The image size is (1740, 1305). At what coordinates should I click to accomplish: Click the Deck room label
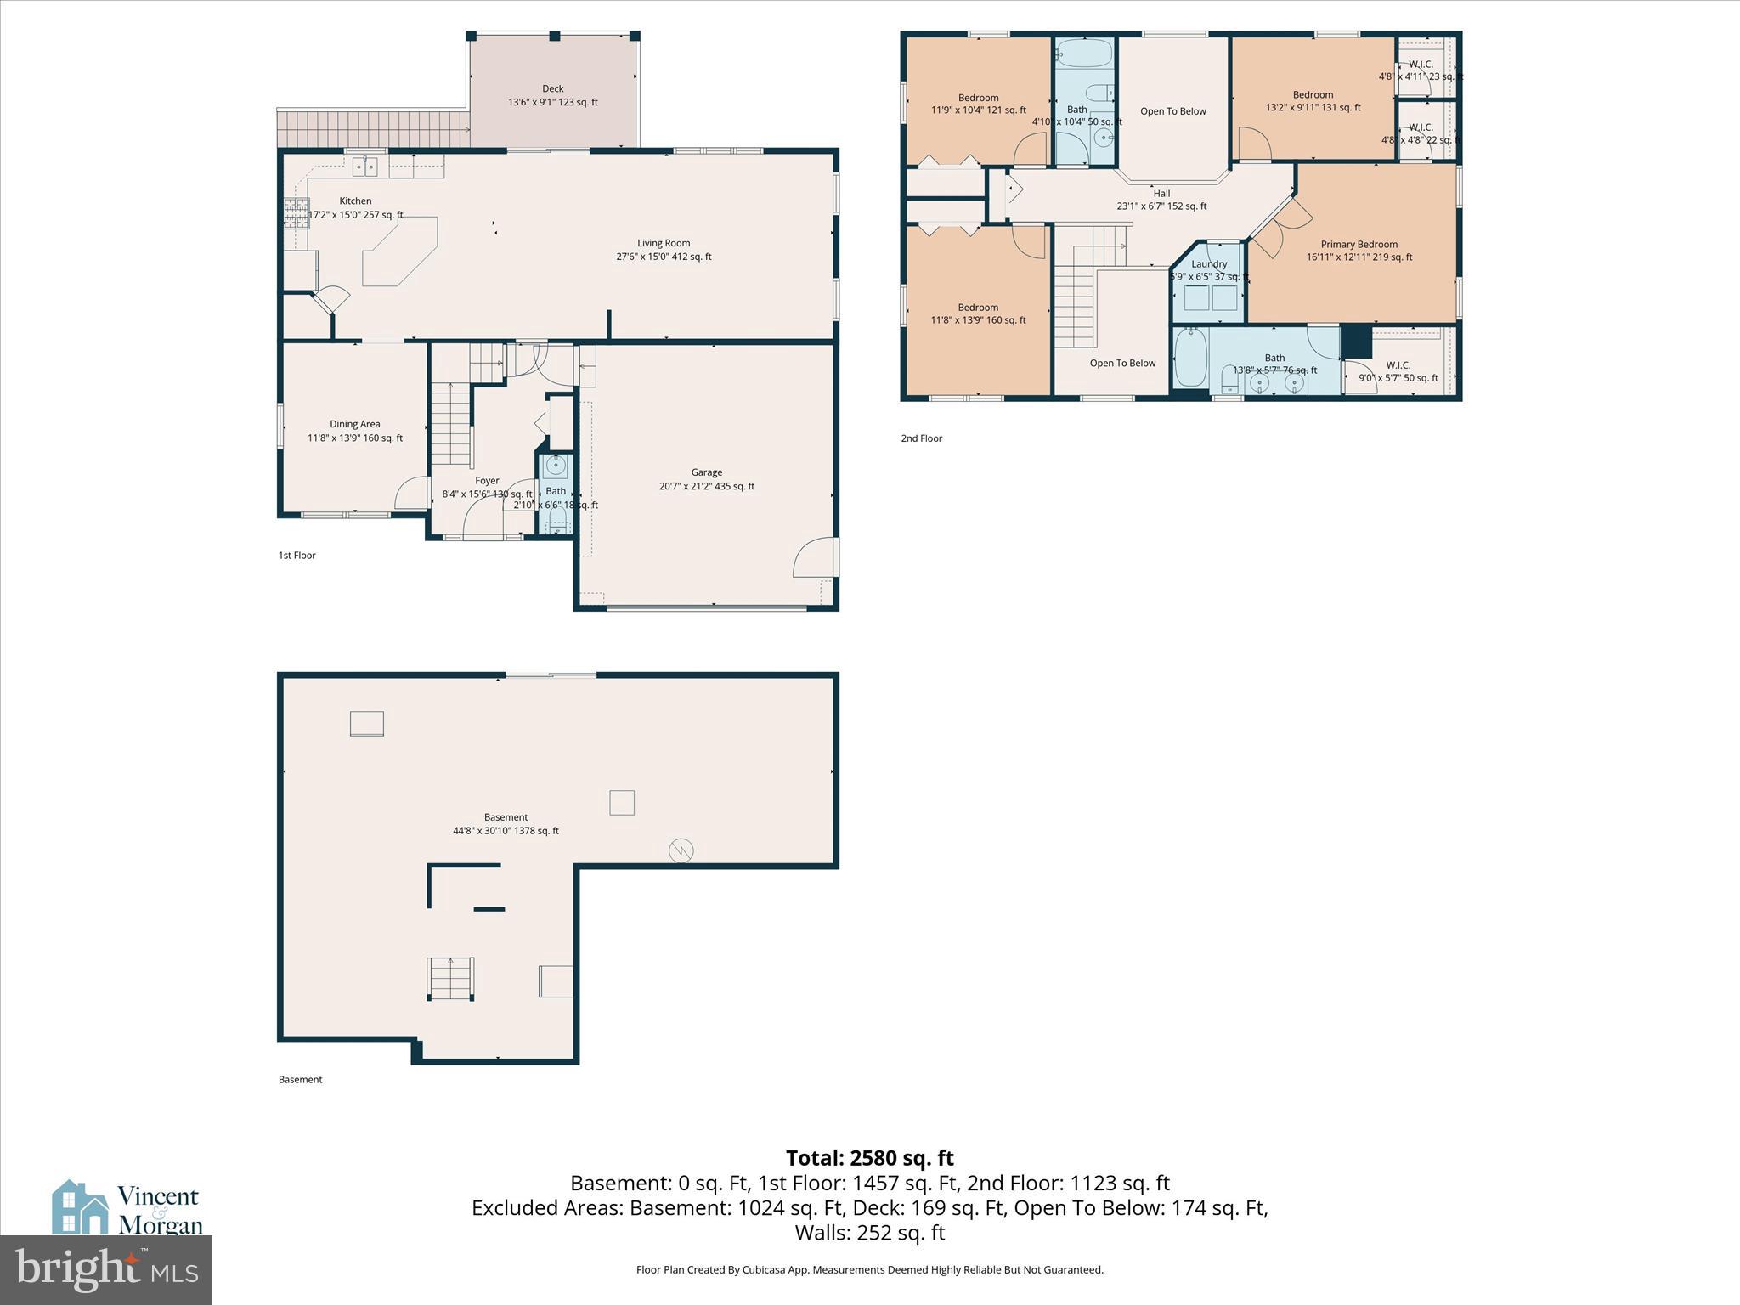(553, 88)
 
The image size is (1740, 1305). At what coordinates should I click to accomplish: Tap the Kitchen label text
(355, 201)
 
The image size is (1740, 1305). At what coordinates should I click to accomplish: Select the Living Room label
(664, 243)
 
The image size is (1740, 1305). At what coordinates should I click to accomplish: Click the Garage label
(706, 472)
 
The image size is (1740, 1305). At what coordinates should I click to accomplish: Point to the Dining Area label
(355, 424)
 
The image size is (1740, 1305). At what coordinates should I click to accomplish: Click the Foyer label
(487, 481)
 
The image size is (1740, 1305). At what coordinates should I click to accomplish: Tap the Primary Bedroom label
(1359, 245)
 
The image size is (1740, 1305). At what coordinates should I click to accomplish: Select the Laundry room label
(1209, 264)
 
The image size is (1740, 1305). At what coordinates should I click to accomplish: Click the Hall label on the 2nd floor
(1161, 194)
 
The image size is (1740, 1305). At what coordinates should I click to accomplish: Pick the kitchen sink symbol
(366, 166)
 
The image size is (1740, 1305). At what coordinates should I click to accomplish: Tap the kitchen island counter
(399, 251)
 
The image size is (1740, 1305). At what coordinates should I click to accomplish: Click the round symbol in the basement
(681, 850)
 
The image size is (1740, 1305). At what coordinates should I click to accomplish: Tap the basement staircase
(450, 979)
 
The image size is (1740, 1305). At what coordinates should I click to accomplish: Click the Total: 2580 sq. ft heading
(869, 1158)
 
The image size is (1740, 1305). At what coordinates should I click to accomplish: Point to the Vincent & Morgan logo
(127, 1207)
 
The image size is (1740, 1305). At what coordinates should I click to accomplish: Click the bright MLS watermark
(106, 1269)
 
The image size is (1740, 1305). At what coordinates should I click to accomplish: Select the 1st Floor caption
(297, 556)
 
